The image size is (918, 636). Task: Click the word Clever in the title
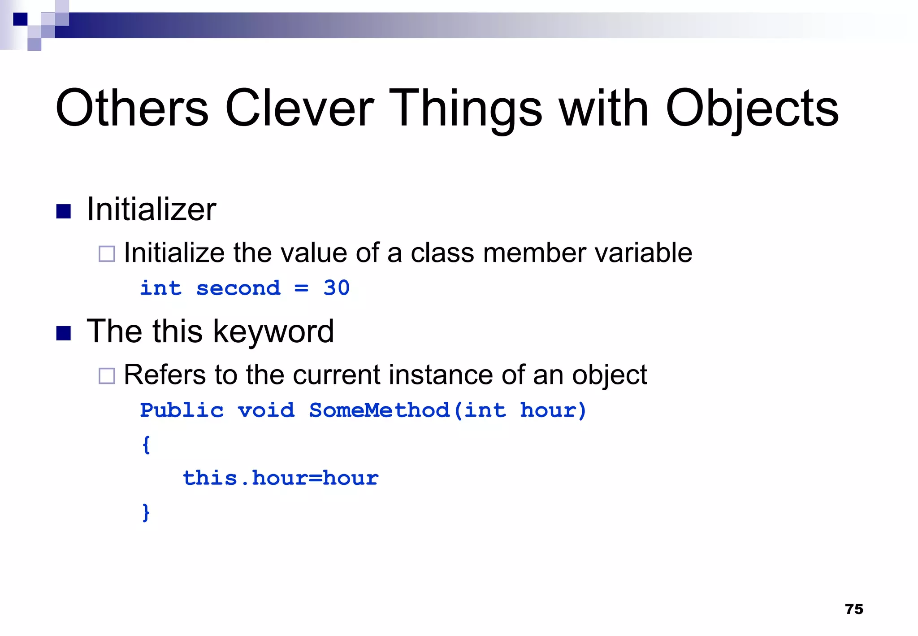[x=299, y=108]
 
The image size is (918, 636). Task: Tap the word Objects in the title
[x=752, y=109]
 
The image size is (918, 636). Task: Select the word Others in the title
[x=132, y=108]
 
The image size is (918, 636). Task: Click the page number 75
[x=854, y=609]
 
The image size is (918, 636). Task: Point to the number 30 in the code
[x=336, y=288]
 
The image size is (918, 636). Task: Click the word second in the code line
[x=238, y=288]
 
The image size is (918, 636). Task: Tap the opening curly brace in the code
[x=146, y=444]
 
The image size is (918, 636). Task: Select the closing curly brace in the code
[x=146, y=512]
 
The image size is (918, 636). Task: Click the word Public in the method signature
[x=182, y=410]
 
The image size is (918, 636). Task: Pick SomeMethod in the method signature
[x=379, y=410]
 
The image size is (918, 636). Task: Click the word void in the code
[x=266, y=410]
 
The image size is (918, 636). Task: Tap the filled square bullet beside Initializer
[x=64, y=211]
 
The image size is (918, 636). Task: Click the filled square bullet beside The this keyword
[x=64, y=333]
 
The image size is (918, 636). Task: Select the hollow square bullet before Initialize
[x=107, y=254]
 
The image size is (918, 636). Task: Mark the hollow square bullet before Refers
[x=107, y=376]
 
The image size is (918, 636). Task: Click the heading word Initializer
[x=152, y=209]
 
